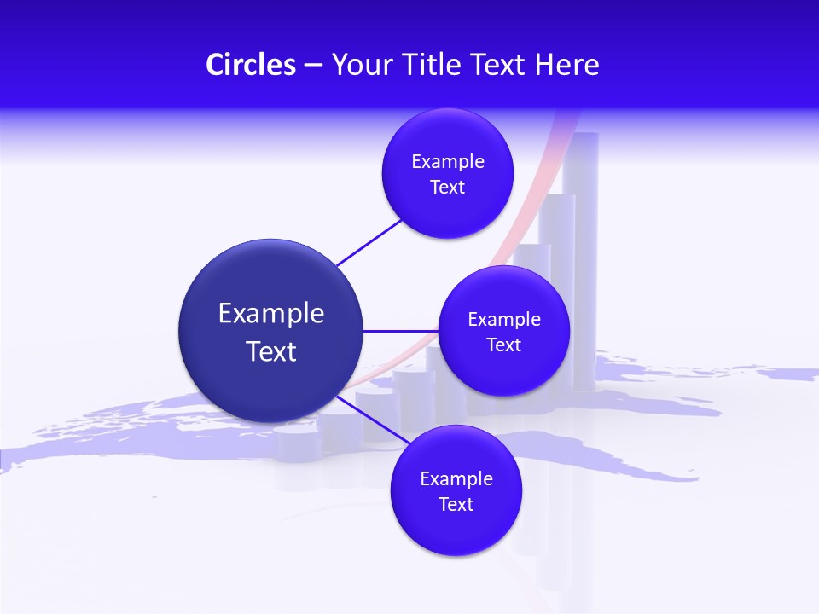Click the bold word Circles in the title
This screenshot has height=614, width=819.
pos(251,65)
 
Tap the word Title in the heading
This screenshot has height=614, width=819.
pos(433,65)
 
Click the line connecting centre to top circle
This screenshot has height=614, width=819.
pos(369,242)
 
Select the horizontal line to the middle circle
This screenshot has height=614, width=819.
pos(401,331)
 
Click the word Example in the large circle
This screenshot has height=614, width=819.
pos(271,314)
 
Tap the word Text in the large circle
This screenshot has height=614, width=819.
pos(271,351)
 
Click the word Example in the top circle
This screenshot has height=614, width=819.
pos(448,162)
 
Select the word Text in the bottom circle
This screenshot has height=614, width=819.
pos(456,504)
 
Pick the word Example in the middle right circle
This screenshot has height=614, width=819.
pos(504,320)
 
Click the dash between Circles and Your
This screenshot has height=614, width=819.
pos(312,66)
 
